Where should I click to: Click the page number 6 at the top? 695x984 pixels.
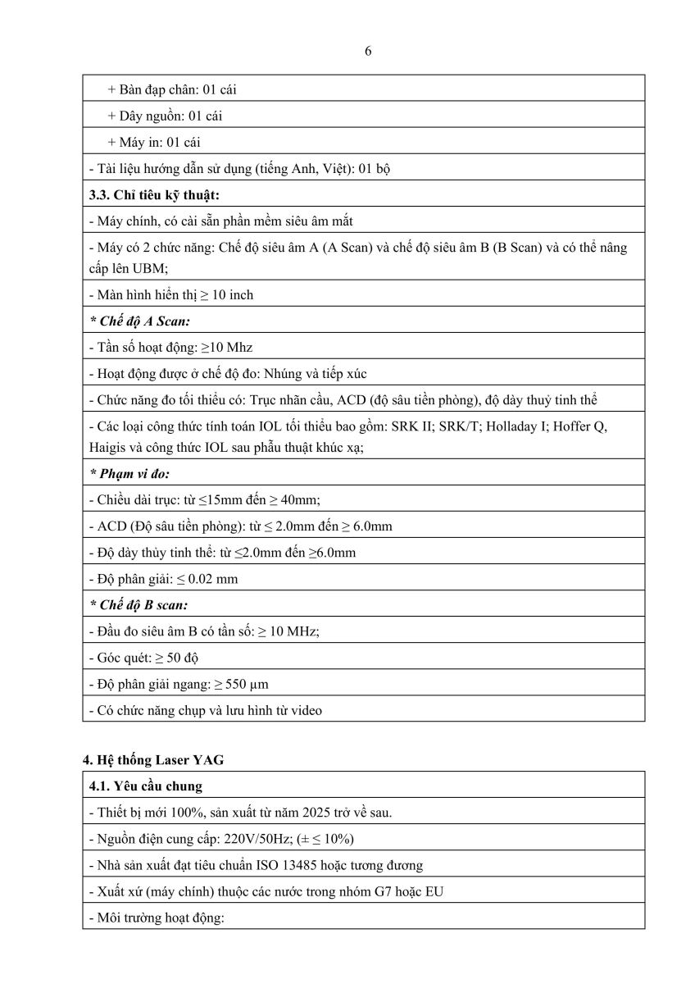point(368,51)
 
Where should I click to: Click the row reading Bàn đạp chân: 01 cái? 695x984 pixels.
point(171,89)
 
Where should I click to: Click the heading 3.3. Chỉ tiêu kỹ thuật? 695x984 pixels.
point(154,194)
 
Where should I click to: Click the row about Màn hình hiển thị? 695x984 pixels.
point(171,295)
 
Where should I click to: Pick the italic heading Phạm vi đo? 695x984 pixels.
point(129,473)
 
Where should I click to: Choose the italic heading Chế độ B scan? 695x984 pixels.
point(139,605)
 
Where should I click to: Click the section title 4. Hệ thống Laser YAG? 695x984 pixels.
point(153,760)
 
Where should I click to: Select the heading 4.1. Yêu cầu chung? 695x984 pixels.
point(145,786)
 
